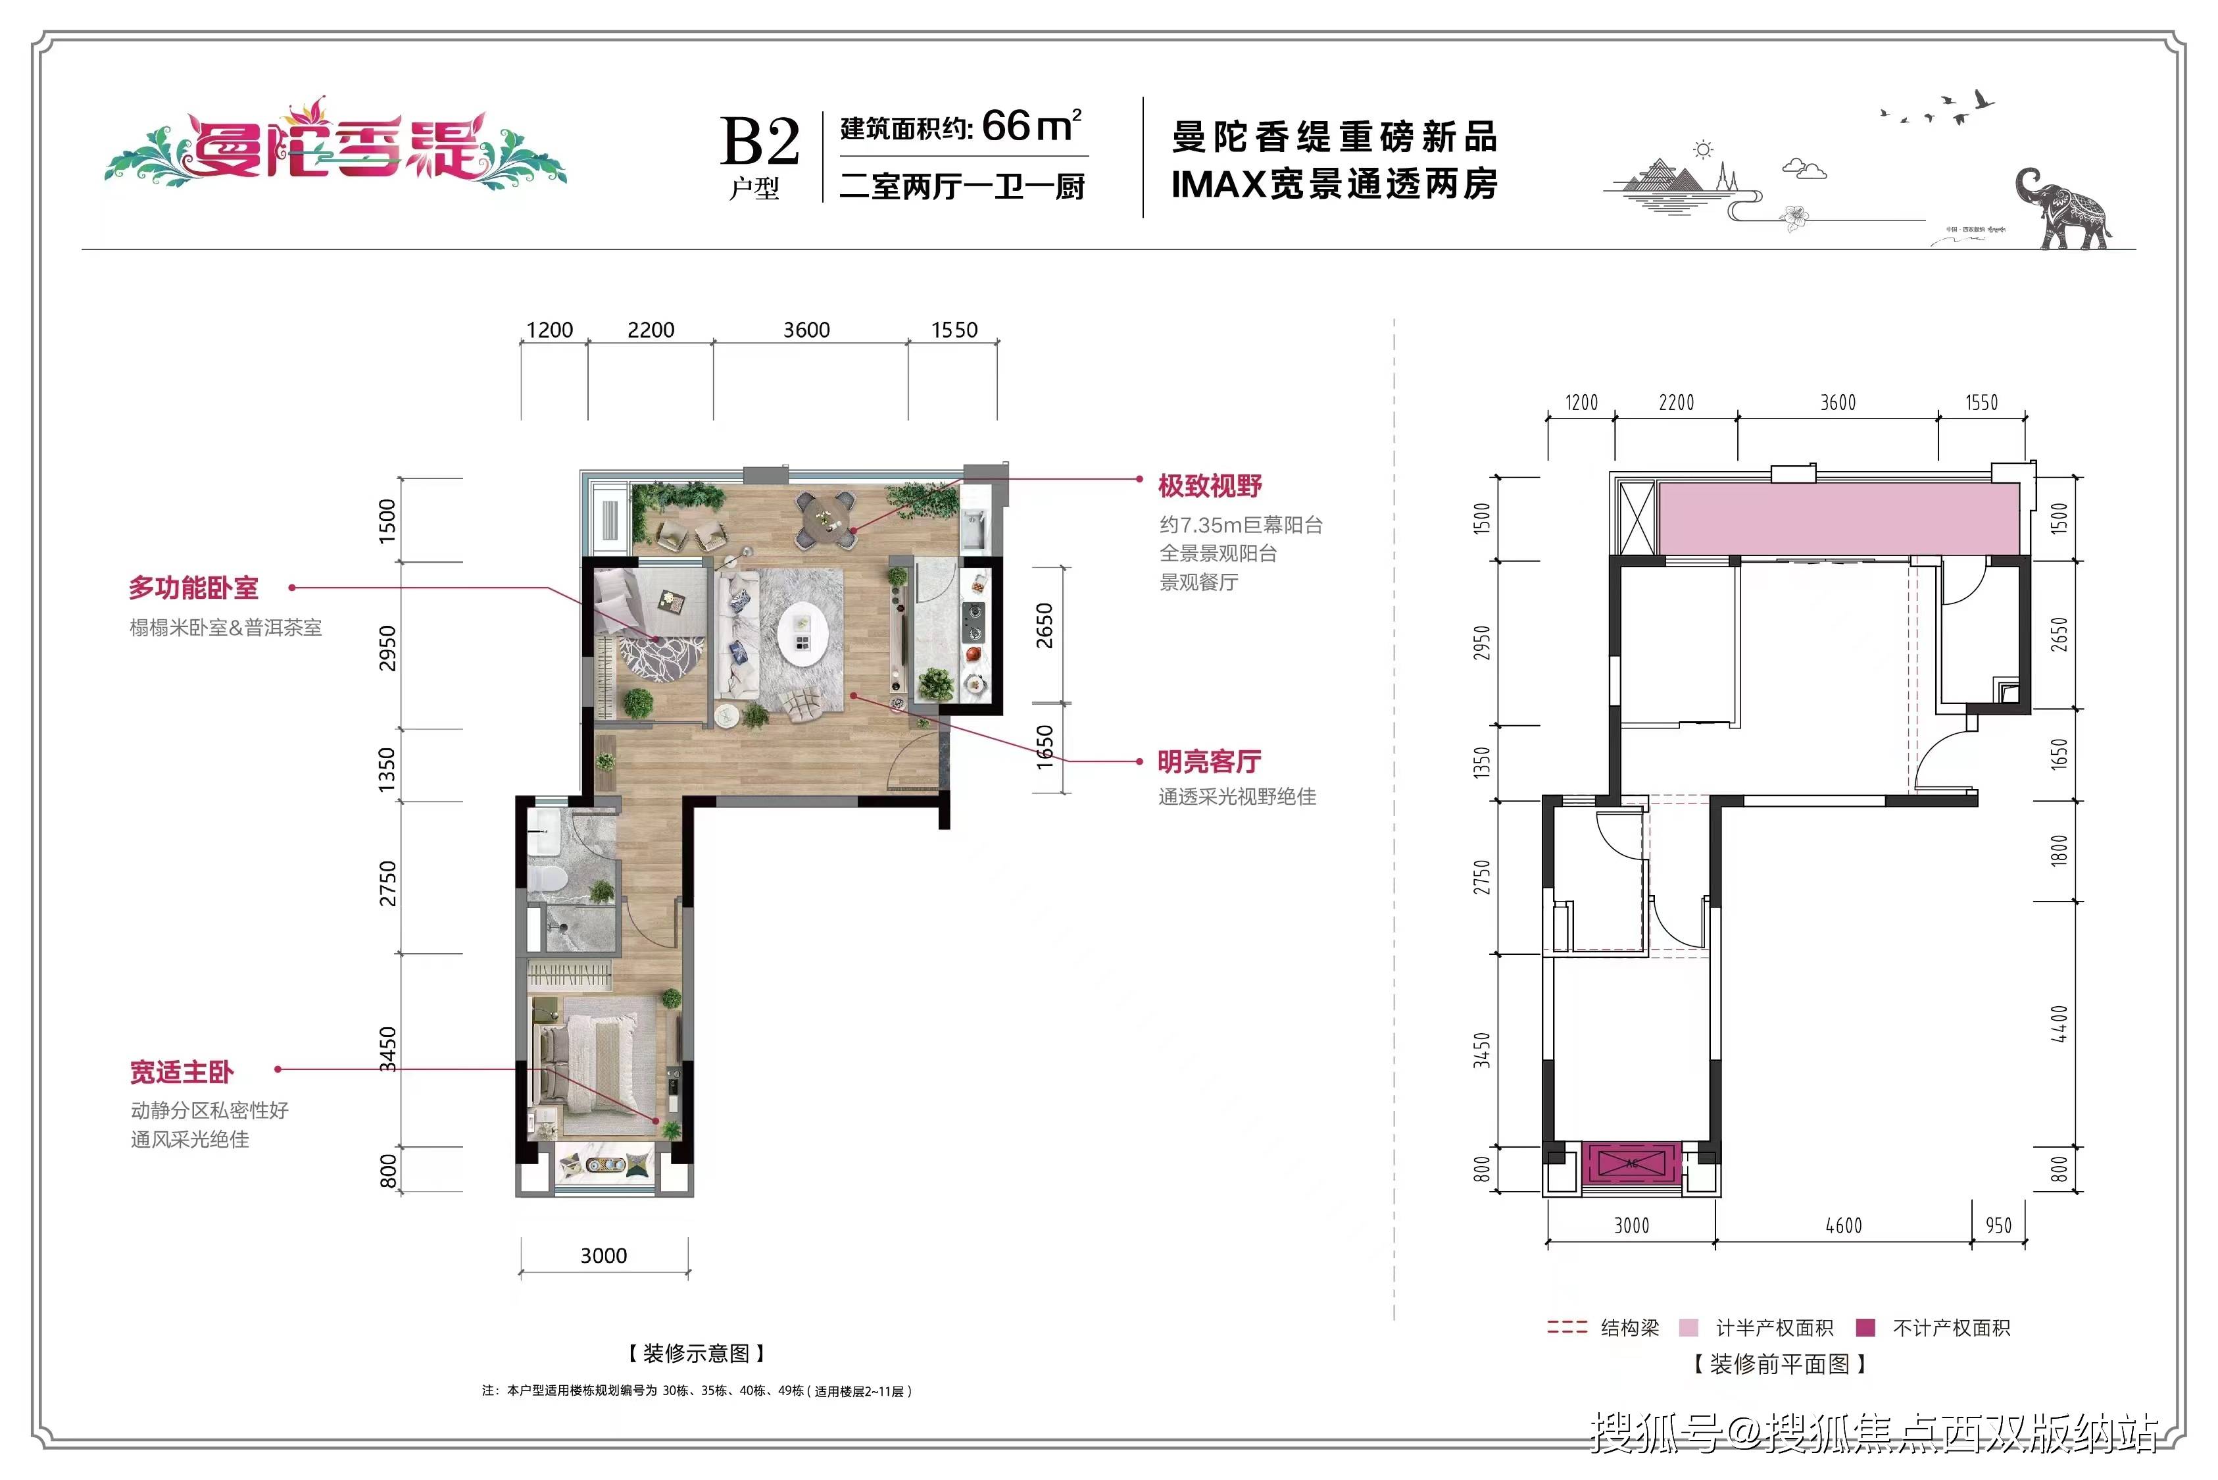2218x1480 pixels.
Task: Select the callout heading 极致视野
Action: point(1210,486)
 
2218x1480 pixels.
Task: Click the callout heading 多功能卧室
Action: point(193,588)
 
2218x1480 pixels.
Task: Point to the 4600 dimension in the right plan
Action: point(1844,1225)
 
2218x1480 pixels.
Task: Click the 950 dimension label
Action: point(1998,1225)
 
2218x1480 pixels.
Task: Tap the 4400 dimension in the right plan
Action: point(2059,1024)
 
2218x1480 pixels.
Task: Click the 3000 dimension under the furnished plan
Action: point(604,1256)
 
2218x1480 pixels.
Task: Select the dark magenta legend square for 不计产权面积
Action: point(1865,1327)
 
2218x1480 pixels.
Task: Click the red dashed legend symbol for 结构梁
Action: point(1567,1327)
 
